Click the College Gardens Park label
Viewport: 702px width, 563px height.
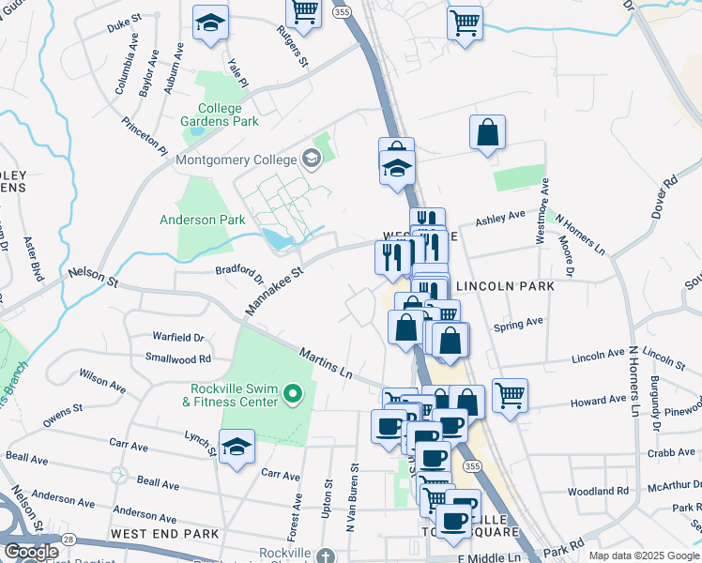219,114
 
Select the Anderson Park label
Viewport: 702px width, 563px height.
203,221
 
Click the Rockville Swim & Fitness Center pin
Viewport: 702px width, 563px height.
293,394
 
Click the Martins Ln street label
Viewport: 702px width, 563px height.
325,364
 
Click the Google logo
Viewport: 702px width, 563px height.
31,553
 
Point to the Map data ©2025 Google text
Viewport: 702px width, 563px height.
643,555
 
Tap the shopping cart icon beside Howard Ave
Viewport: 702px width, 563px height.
510,394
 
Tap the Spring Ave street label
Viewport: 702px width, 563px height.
519,322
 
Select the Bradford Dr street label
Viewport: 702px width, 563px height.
240,272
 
